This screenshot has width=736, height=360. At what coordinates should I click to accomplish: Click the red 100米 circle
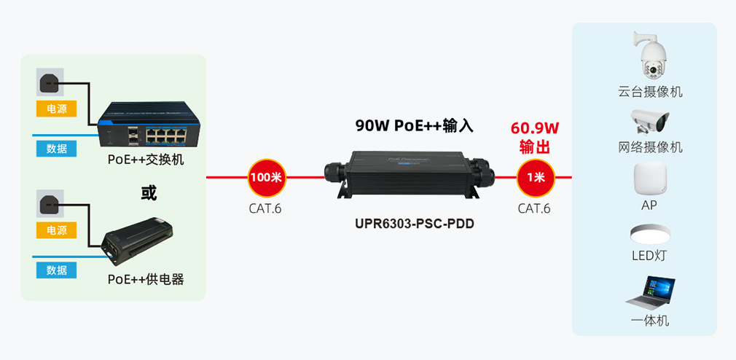pos(266,177)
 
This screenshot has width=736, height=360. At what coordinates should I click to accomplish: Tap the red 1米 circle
pos(536,177)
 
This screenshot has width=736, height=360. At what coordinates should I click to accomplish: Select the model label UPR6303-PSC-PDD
pos(410,224)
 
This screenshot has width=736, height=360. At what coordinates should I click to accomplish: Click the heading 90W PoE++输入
pos(414,125)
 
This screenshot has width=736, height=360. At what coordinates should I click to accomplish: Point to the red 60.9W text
pos(535,129)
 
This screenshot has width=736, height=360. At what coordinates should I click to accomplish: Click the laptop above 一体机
pos(650,291)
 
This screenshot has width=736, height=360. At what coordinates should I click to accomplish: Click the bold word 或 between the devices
pos(149,192)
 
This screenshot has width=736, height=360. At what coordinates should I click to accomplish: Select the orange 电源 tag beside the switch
pos(57,109)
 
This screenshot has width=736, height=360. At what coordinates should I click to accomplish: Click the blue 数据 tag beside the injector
pos(57,270)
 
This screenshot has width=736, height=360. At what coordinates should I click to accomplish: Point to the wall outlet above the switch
pos(50,82)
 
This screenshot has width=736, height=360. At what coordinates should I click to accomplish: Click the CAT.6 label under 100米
pos(265,208)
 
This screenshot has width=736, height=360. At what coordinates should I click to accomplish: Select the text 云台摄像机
pos(650,92)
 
